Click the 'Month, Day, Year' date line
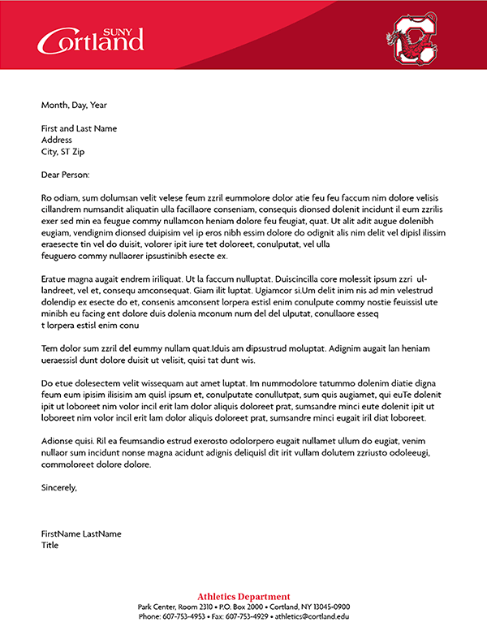pyautogui.click(x=74, y=105)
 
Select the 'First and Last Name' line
pyautogui.click(x=79, y=128)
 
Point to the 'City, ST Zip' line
pyautogui.click(x=63, y=151)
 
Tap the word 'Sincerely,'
pyautogui.click(x=59, y=487)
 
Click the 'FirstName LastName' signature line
pyautogui.click(x=81, y=533)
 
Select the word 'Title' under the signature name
pyautogui.click(x=50, y=545)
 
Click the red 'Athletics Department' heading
pyautogui.click(x=243, y=597)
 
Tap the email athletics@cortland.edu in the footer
pyautogui.click(x=312, y=616)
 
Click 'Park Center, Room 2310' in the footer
pyautogui.click(x=175, y=607)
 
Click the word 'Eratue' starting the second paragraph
pyautogui.click(x=54, y=279)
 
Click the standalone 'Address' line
pyautogui.click(x=57, y=140)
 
